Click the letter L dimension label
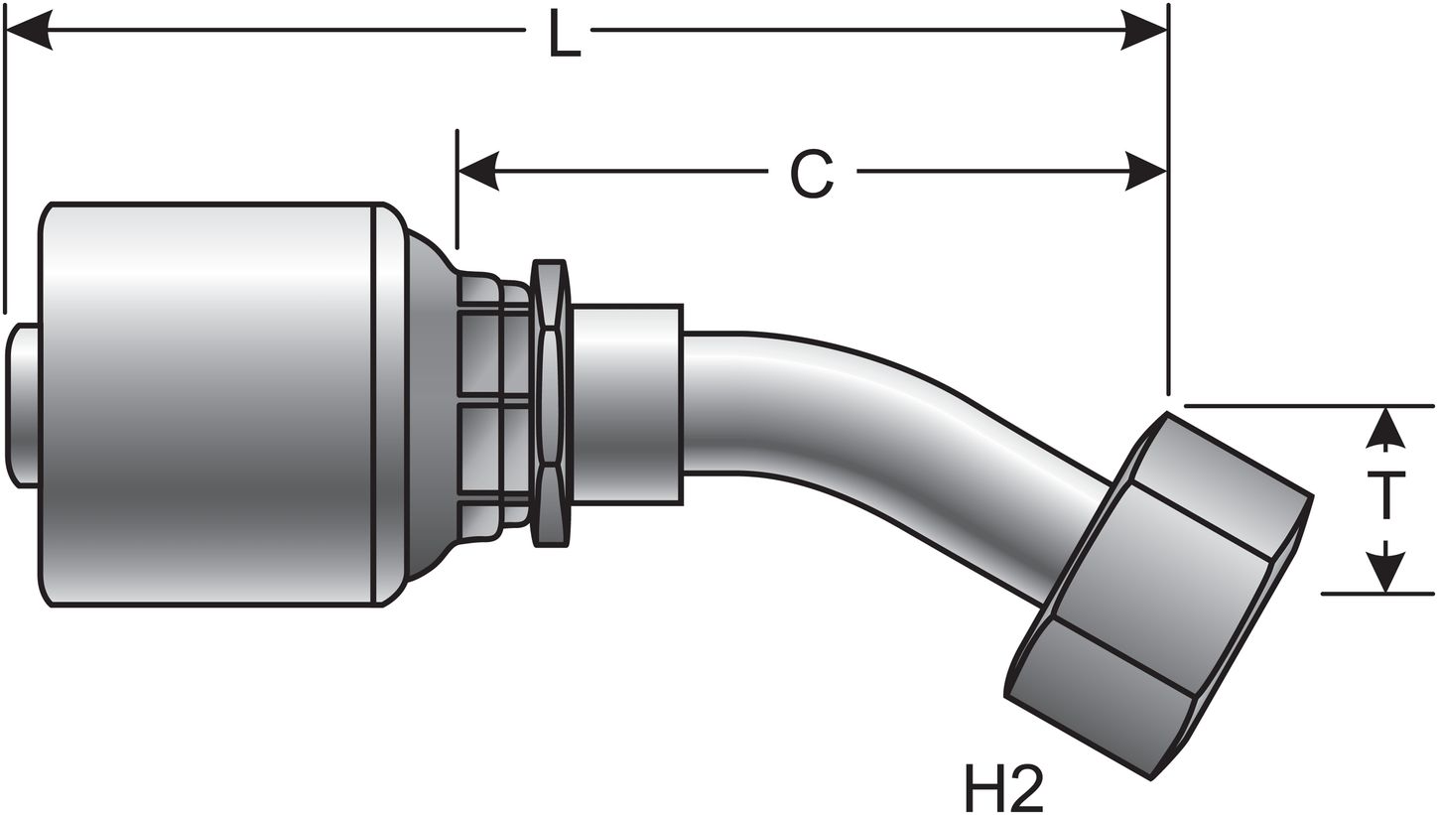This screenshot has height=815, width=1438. point(564,36)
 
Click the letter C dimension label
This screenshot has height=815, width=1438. point(812,174)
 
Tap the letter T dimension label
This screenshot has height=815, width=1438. point(1385,497)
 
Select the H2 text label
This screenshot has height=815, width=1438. point(1003,787)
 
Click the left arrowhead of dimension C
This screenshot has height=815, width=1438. point(478,172)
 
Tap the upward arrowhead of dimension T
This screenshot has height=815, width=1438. point(1385,428)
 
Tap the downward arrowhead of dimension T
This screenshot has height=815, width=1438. point(1385,572)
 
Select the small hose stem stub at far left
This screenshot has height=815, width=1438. point(23,405)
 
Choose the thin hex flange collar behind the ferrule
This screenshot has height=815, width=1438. point(551,403)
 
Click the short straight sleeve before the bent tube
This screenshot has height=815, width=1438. point(626,404)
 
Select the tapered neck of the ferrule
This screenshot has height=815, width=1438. point(429,404)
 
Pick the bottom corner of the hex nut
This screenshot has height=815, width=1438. point(1150,778)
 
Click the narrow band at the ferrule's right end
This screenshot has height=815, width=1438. point(389,404)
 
